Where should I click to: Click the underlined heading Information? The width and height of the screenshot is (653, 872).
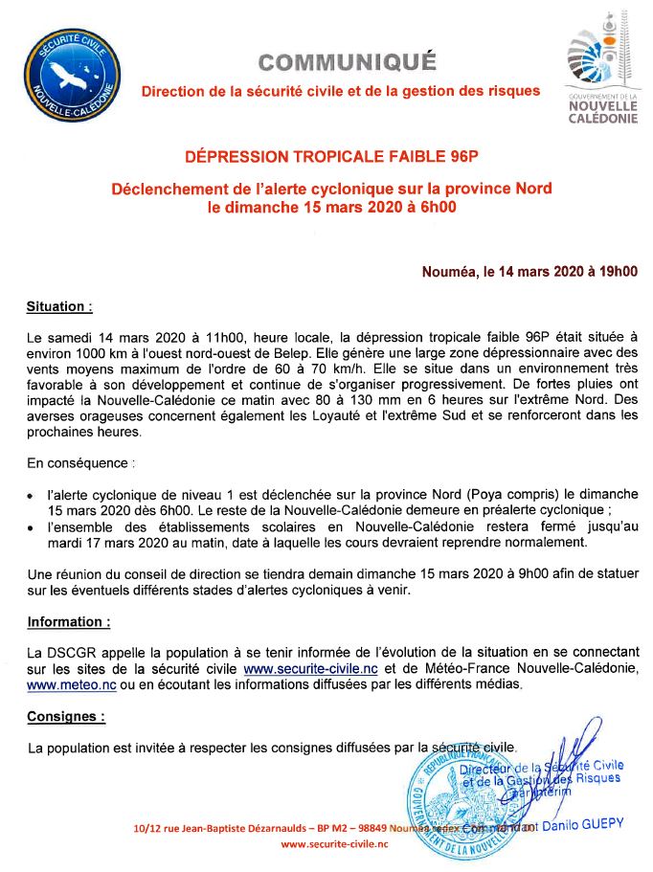68,621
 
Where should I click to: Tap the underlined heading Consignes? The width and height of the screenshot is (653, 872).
65,715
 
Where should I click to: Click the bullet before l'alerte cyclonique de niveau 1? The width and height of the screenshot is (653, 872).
31,495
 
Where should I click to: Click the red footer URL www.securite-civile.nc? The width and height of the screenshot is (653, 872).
334,844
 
